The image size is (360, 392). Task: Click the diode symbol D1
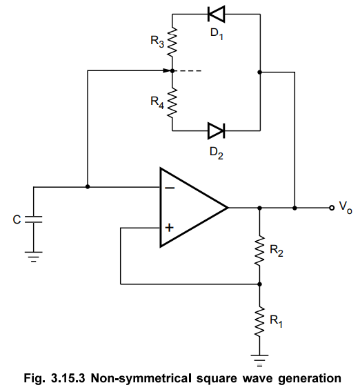217,14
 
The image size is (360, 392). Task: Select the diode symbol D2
217,130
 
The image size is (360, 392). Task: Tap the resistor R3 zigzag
172,42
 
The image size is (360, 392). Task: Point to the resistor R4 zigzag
172,103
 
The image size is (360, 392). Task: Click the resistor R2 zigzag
259,250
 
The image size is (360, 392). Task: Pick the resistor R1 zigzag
259,322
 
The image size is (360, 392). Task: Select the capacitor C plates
34,219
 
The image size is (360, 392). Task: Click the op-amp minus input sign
170,188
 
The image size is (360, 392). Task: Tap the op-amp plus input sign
170,228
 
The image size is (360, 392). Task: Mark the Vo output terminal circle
332,208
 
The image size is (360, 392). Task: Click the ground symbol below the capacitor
34,257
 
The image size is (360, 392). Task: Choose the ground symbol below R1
259,360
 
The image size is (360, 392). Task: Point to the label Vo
346,208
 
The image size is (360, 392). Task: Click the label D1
217,34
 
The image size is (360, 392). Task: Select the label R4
157,103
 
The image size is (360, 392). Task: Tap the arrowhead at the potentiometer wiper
167,71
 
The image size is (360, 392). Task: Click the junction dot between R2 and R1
259,284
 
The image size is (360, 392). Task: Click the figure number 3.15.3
68,378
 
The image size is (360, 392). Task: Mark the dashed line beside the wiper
188,71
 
